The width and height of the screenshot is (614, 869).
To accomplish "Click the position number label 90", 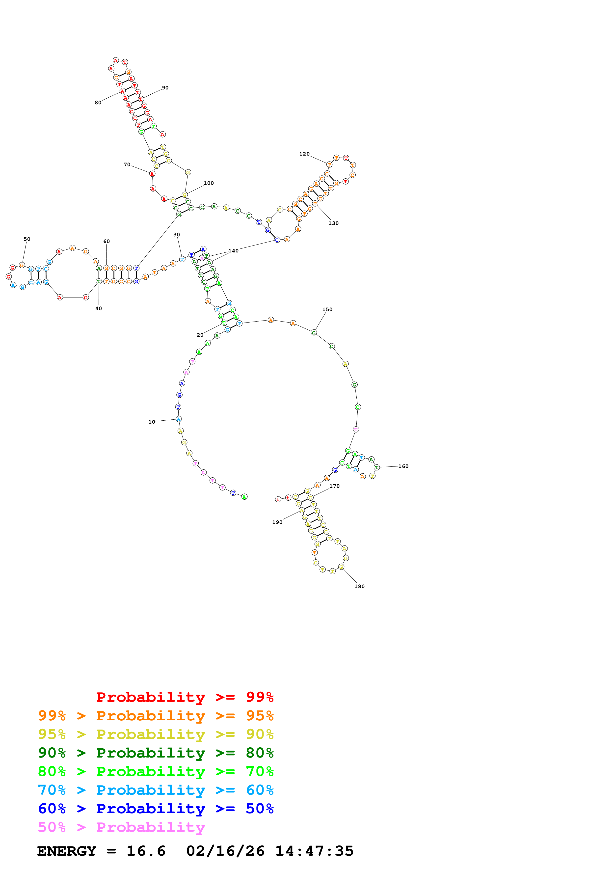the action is pos(165,88).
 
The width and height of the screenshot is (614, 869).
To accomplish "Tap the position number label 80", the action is pos(98,103).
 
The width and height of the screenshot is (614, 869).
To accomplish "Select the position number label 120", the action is pos(304,154).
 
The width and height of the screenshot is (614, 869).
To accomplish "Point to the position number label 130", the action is pos(333,223).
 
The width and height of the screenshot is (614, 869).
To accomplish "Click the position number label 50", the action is pos(27,239).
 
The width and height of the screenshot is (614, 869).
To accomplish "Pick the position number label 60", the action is pos(107,242).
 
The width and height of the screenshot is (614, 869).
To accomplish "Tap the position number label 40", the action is pos(98,308).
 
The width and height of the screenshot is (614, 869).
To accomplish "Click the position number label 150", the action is pos(327,310).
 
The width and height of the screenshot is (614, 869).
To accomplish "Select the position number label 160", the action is pos(403,466).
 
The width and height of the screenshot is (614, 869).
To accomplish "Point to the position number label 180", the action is pos(359,586).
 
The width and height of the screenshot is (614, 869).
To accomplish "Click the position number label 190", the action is pos(277,522).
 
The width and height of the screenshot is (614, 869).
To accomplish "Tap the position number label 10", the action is pos(152,422).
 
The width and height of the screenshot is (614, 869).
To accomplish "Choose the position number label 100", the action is pos(209,183).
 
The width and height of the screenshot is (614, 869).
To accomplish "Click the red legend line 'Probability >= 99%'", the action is pos(185,697).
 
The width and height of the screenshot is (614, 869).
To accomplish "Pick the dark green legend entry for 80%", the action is pos(156,753).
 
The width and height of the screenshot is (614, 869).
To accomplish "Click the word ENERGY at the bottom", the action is pos(67,851).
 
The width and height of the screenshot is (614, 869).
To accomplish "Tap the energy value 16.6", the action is pos(146,851).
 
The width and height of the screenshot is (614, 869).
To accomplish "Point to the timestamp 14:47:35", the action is pos(314,851).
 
